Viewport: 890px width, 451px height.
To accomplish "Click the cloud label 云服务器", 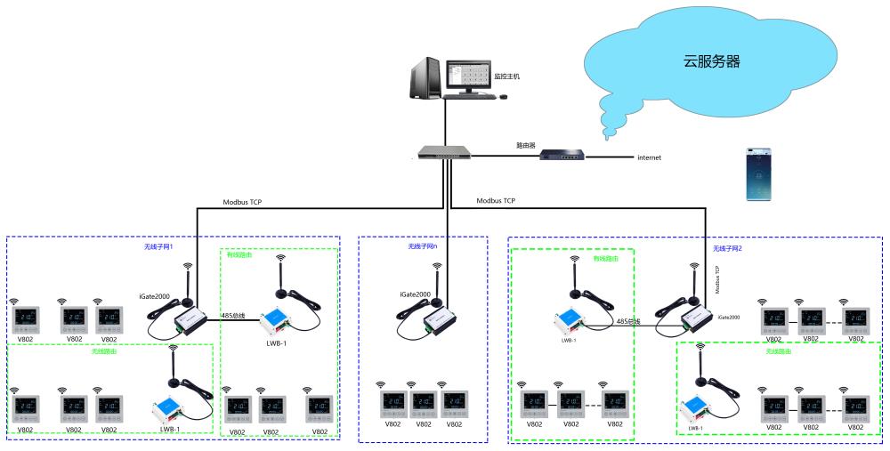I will pyautogui.click(x=711, y=61).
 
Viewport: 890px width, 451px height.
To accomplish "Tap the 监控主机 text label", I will pyautogui.click(x=506, y=77).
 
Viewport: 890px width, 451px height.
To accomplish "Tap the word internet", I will pyautogui.click(x=649, y=157).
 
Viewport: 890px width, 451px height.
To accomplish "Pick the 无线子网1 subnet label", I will pyautogui.click(x=158, y=246).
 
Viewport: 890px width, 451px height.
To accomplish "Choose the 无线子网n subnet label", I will pyautogui.click(x=422, y=246).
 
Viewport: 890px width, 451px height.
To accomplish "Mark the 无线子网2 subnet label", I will pyautogui.click(x=727, y=248).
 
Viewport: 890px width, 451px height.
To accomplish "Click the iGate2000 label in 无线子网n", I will pyautogui.click(x=414, y=293).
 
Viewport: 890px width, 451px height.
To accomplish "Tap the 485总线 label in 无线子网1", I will pyautogui.click(x=233, y=314).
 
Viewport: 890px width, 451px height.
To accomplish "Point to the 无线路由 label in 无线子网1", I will pyautogui.click(x=104, y=350).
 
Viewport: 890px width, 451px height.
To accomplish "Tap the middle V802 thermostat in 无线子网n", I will pyautogui.click(x=424, y=403).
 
